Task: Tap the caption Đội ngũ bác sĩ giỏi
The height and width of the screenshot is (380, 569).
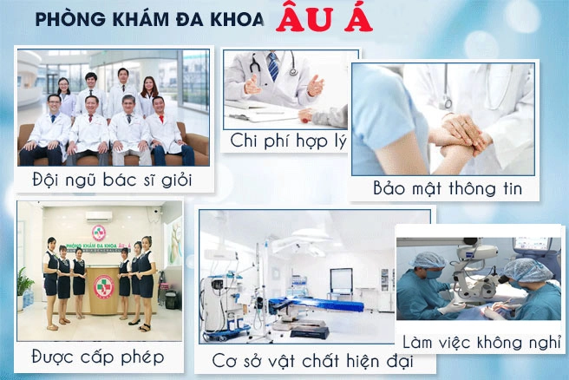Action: tap(112, 180)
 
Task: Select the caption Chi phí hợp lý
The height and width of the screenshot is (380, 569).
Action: tap(289, 141)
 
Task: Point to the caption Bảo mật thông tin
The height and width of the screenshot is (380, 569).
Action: tap(448, 188)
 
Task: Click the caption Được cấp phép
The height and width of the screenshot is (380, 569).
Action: tap(98, 357)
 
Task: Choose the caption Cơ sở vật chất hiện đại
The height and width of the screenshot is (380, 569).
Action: tap(312, 361)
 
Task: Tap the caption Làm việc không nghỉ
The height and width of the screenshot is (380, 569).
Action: tap(481, 342)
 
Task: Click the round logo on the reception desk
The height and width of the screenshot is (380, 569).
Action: tap(104, 287)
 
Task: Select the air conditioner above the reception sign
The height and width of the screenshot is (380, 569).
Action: tap(99, 217)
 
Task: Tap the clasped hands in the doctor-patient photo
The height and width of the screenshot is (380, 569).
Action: tap(460, 137)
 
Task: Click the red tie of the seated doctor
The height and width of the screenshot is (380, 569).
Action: tap(161, 119)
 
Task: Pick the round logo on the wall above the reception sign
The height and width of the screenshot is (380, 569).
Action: tap(99, 233)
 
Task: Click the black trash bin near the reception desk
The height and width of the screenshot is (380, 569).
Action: tap(171, 299)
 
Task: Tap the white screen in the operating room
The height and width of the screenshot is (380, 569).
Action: tap(341, 280)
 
